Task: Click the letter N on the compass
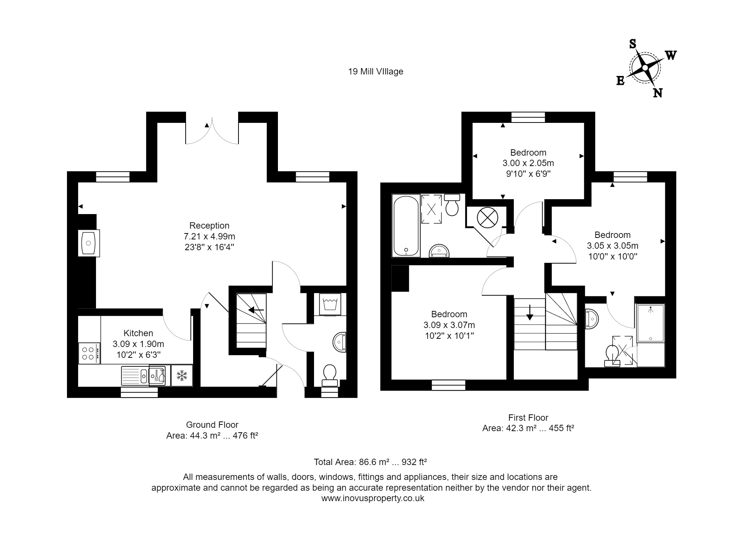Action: [657, 93]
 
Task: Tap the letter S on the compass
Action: [632, 44]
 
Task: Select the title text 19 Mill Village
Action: [375, 71]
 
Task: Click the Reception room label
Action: [209, 225]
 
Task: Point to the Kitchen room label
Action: [138, 333]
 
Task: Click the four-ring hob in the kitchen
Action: [89, 353]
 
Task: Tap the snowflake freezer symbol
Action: [182, 375]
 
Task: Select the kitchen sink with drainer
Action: [135, 375]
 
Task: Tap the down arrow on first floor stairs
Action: [529, 312]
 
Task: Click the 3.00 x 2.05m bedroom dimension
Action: [528, 163]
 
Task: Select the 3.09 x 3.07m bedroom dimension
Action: [449, 325]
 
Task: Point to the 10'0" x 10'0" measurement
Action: [613, 257]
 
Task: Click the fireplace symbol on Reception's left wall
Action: [89, 243]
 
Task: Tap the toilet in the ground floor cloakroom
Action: [330, 375]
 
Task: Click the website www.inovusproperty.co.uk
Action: [373, 498]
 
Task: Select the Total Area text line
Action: [370, 462]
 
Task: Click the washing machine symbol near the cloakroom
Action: [330, 304]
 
